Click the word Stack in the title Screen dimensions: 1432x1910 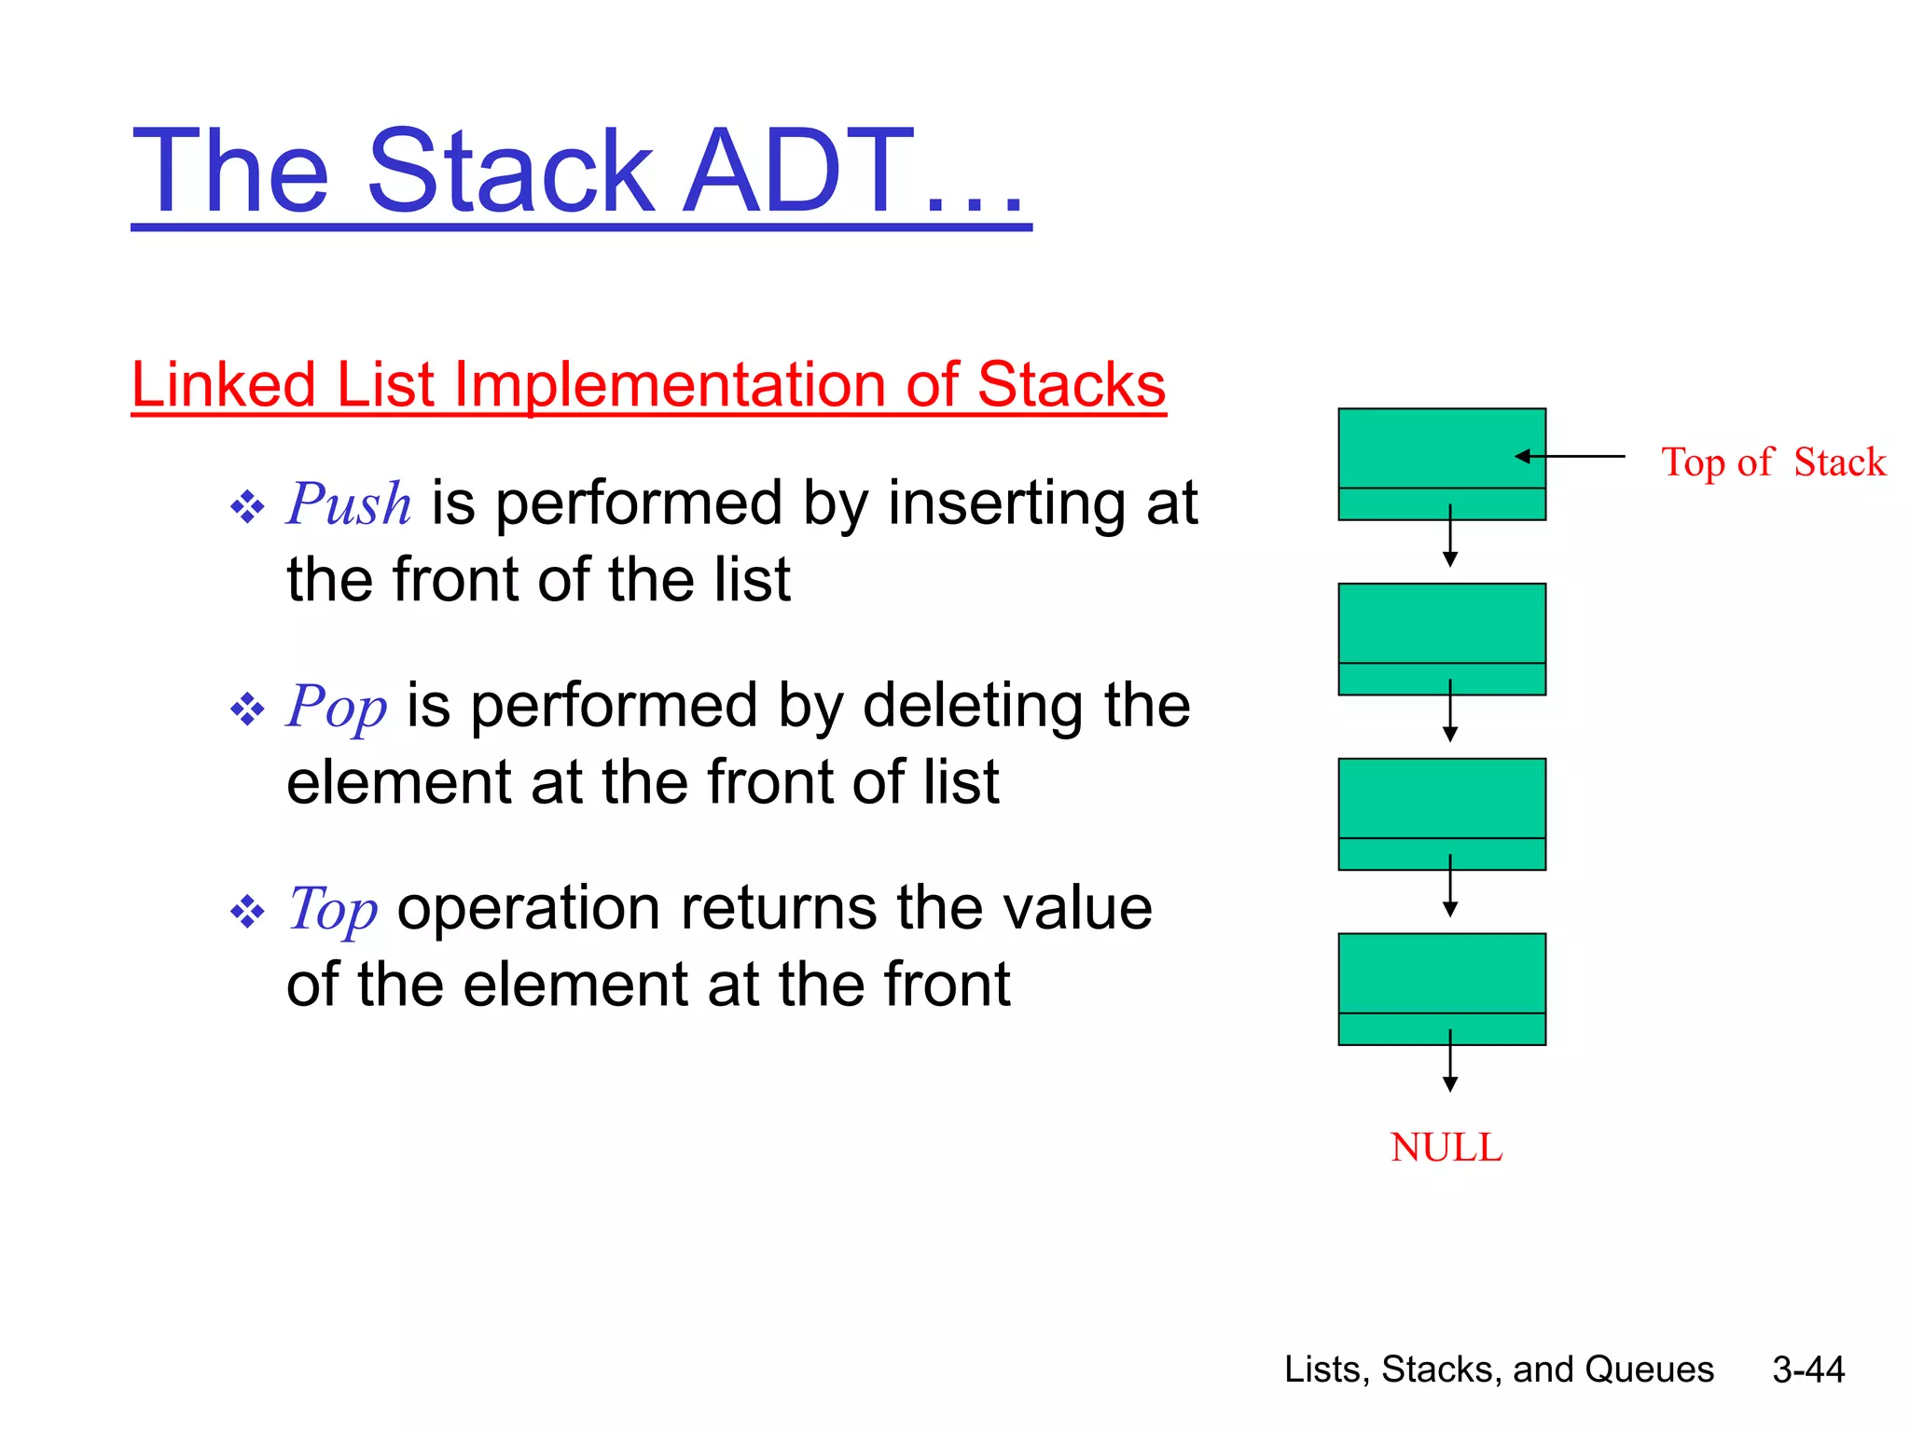click(511, 172)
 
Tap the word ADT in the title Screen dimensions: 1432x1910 click(797, 172)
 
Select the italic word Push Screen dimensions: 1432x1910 click(349, 504)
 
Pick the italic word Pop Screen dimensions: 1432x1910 click(337, 708)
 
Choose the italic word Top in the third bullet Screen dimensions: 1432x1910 click(333, 910)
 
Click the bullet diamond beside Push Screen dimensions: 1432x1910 click(247, 508)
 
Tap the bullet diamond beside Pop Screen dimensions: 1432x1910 click(247, 710)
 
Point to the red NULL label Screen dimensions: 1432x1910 click(1446, 1148)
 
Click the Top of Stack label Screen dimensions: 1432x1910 click(1773, 462)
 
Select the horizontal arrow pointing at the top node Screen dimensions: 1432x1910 click(1571, 457)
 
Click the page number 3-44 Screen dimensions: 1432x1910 click(1807, 1370)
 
